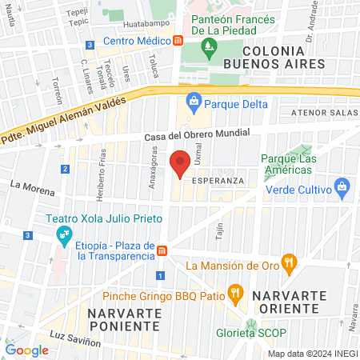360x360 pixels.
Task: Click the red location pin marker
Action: [x=180, y=163]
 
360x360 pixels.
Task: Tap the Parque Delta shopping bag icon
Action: [x=193, y=102]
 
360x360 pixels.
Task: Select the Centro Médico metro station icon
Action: [x=178, y=40]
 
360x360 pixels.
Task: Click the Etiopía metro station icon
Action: [x=162, y=250]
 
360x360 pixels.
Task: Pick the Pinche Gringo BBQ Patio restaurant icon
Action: [x=234, y=293]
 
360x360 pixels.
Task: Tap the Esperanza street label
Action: [x=216, y=181]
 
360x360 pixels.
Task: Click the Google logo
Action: [x=27, y=350]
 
